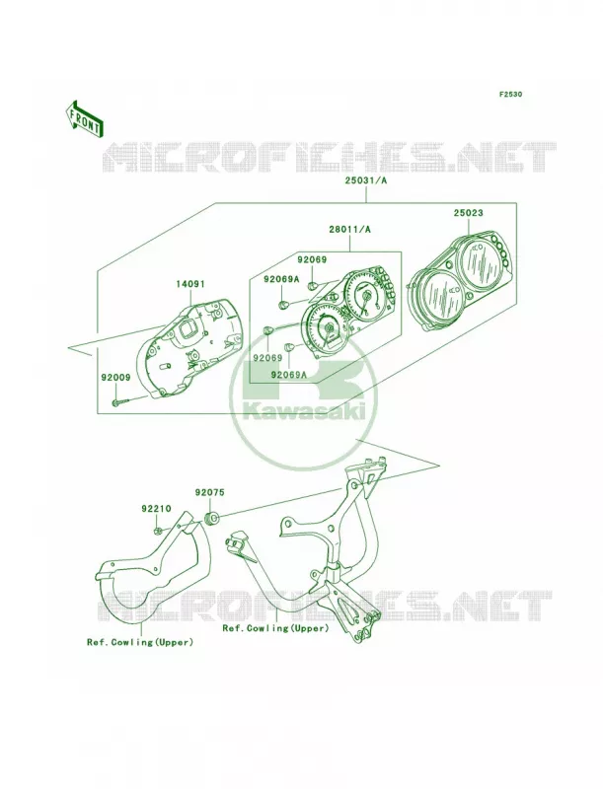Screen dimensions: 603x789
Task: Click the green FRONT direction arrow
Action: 84,118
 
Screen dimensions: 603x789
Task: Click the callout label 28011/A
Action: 349,230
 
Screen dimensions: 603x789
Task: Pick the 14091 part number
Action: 189,284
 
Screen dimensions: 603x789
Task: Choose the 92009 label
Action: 115,377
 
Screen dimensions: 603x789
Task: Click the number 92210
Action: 156,509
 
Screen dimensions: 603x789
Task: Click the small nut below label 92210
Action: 158,530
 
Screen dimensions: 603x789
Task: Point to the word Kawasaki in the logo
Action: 303,412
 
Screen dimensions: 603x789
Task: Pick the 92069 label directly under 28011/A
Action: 312,260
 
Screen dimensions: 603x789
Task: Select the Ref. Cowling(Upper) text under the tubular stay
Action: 275,628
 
